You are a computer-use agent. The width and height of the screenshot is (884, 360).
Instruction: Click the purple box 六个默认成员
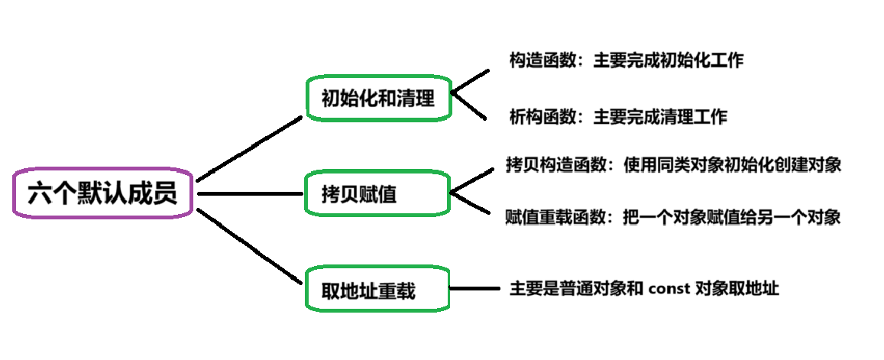point(102,193)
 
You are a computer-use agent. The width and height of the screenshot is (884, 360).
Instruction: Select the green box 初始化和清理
point(378,98)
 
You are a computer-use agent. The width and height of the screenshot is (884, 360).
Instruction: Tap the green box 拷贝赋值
point(378,193)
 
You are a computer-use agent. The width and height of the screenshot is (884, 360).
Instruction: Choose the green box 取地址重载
point(378,290)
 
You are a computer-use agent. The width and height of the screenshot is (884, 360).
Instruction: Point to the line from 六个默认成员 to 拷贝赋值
point(251,193)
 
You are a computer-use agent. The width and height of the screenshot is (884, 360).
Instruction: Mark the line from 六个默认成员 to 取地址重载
point(250,247)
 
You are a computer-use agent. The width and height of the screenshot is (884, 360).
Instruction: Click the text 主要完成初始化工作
point(669,61)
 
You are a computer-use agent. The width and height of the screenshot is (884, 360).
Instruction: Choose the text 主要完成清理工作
point(660,117)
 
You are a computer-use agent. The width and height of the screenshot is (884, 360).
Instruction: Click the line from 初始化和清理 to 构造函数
point(470,83)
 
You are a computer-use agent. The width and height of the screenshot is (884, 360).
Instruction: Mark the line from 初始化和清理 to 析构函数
point(470,108)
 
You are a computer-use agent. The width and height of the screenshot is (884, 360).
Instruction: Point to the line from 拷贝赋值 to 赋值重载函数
point(470,204)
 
